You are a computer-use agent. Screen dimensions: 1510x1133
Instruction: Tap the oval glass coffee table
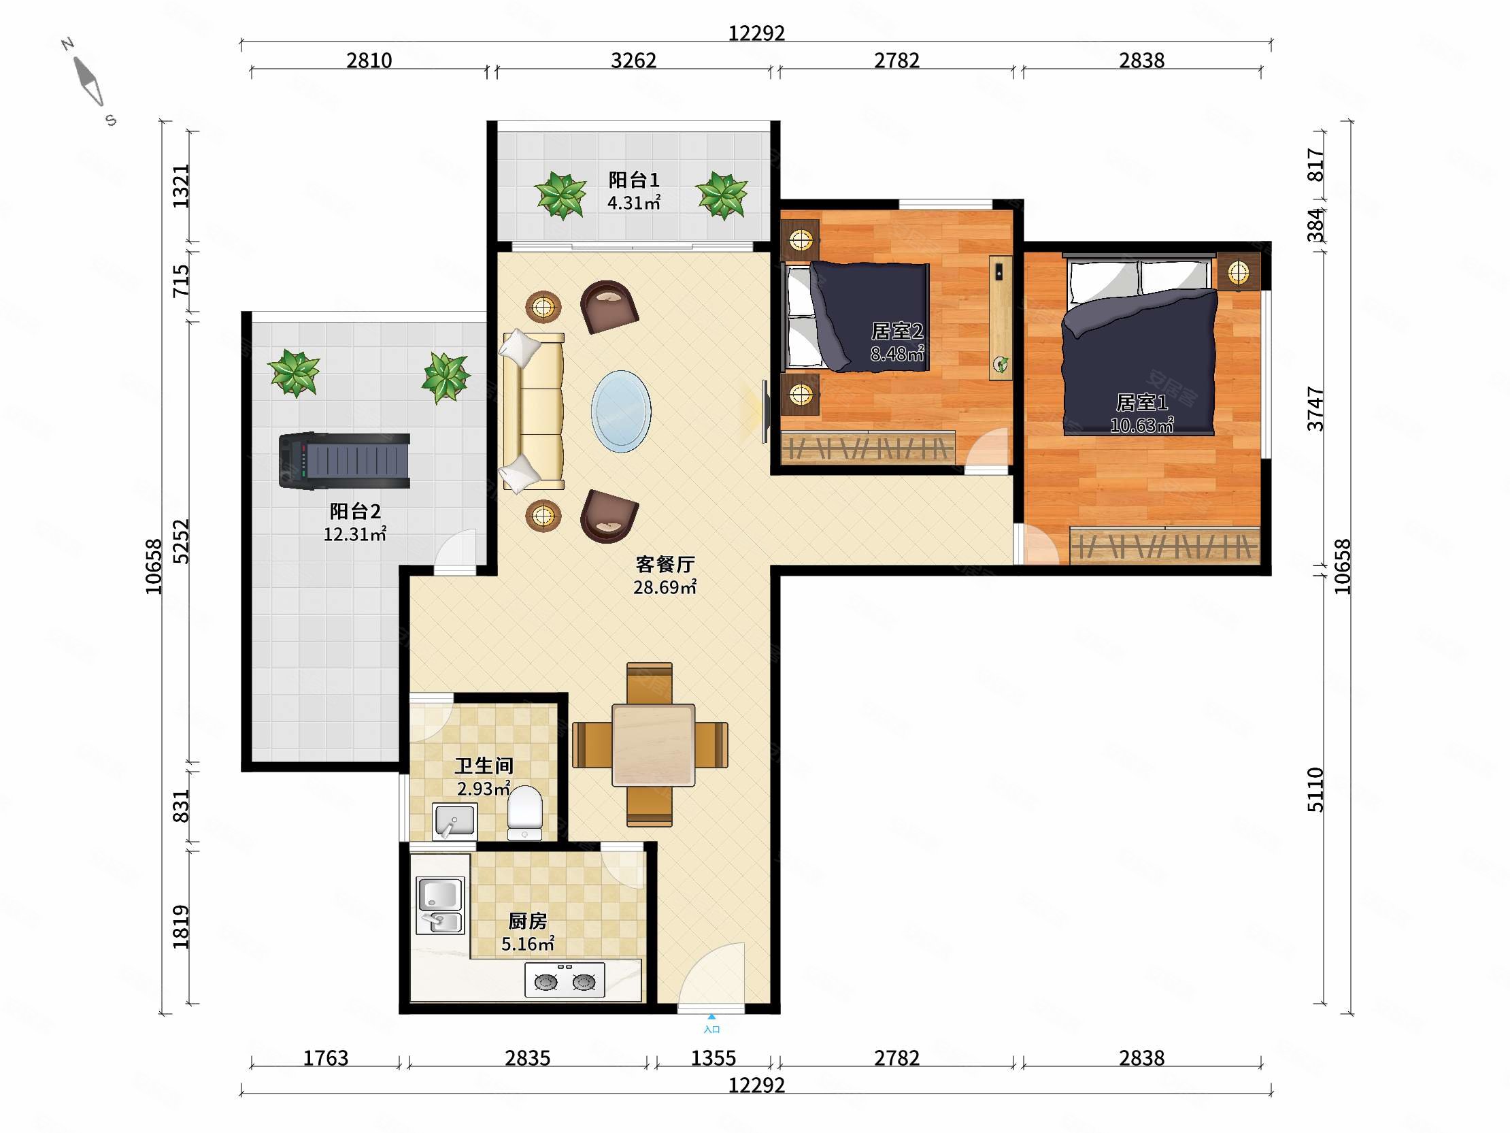[x=620, y=411]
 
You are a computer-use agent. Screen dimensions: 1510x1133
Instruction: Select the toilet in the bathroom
[x=524, y=812]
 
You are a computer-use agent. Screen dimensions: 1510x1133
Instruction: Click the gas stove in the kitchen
[x=565, y=980]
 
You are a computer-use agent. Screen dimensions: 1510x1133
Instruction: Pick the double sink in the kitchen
[x=440, y=906]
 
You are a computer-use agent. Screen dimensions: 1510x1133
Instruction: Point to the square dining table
[x=653, y=745]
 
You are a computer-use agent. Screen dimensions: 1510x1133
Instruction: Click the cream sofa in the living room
[x=533, y=411]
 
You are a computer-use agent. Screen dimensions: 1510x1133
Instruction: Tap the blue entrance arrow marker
[x=711, y=1017]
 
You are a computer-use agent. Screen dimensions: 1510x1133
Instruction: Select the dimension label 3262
[x=633, y=61]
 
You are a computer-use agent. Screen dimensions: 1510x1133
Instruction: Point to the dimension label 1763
[x=326, y=1058]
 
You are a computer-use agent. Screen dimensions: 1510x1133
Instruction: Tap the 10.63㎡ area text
[x=1141, y=425]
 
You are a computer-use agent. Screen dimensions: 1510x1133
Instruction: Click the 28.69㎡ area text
[x=665, y=587]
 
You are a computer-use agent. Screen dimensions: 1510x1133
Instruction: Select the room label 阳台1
[x=633, y=180]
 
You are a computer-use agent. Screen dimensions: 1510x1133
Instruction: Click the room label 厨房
[x=527, y=921]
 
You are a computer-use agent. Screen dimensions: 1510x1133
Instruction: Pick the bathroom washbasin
[x=454, y=821]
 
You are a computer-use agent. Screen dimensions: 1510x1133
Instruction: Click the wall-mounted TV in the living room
[x=765, y=412]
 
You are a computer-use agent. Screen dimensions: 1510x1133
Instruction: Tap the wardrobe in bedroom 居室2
[x=869, y=448]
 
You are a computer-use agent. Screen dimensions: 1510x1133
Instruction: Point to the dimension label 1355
[x=714, y=1058]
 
